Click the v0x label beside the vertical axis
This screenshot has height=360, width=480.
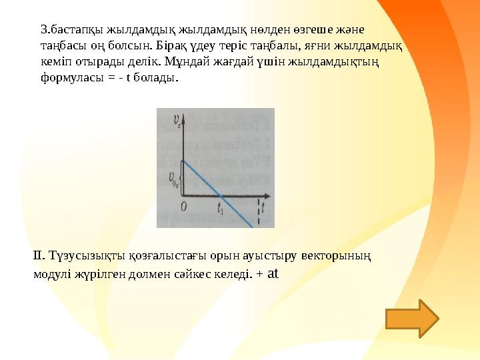coord(175,178)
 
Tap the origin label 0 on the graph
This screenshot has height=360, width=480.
coord(183,207)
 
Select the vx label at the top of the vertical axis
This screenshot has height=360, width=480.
coord(177,121)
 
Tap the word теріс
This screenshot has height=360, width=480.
coord(252,45)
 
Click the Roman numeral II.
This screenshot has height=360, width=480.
coord(38,255)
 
